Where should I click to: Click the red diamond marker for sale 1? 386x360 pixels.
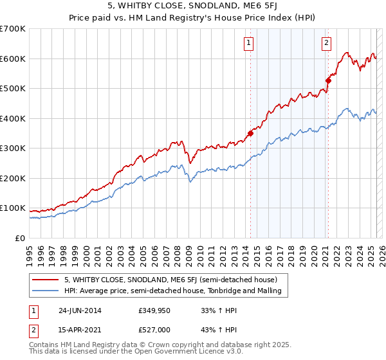tap(250, 134)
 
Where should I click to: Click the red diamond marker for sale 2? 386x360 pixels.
tap(328, 80)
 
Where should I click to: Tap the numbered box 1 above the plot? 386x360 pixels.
tap(248, 43)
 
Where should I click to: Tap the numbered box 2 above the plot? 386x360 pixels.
tap(326, 43)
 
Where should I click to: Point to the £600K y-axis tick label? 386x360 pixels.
tap(12, 59)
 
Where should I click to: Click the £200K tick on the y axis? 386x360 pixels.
tap(12, 178)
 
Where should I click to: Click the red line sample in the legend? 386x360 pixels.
tap(45, 280)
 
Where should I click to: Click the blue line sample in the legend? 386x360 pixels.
tap(45, 291)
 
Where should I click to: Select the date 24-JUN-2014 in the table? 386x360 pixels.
tap(80, 310)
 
